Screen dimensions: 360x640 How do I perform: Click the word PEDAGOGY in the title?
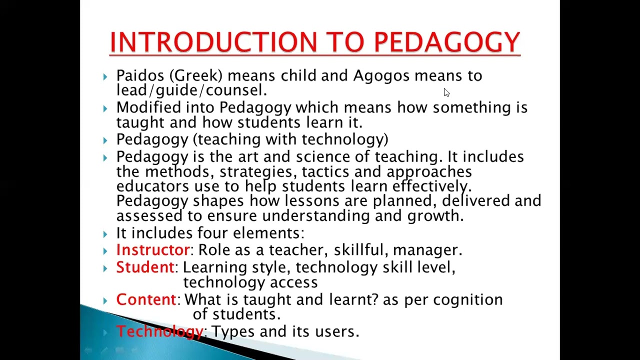447,42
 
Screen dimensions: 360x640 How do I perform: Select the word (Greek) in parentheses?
196,76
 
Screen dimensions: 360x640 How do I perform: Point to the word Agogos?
381,76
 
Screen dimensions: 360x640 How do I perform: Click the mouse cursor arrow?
446,92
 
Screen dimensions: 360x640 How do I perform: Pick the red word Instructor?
152,250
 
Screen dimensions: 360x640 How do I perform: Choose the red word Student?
144,267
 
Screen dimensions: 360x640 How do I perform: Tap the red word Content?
146,299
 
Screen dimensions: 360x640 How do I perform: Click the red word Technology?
159,331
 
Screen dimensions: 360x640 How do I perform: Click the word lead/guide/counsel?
191,90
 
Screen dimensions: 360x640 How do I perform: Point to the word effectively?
431,186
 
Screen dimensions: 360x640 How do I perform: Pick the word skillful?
360,250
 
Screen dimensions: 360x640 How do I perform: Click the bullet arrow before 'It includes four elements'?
105,234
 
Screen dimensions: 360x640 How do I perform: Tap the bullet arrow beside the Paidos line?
105,76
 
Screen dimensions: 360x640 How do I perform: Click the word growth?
435,216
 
